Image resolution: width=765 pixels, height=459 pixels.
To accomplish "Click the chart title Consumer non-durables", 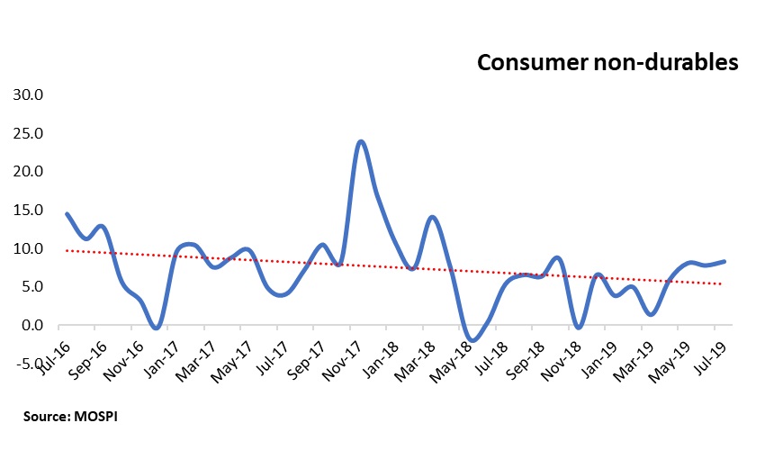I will [x=607, y=62].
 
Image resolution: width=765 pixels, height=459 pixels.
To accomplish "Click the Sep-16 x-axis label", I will [x=88, y=351].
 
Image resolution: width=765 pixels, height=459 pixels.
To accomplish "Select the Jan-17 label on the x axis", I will [x=162, y=351].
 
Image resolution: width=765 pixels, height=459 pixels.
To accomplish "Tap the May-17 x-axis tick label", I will [x=236, y=351].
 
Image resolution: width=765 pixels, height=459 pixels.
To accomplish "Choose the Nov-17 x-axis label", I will [x=346, y=351].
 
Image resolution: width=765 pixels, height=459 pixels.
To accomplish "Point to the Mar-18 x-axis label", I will [x=419, y=351].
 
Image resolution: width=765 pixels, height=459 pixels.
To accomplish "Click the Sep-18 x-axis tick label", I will [x=530, y=351].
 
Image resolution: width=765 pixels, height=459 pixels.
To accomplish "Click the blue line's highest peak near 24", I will [x=360, y=141].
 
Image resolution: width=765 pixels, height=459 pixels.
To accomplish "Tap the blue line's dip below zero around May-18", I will [x=473, y=340].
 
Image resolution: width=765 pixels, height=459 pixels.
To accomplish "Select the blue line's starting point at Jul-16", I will [x=67, y=213].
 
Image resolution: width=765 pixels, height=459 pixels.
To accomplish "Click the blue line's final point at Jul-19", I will [x=725, y=261].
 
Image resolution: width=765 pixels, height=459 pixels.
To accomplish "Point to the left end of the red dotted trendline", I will [x=67, y=250].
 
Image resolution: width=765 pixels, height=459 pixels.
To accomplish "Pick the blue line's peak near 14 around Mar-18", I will [x=433, y=217].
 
